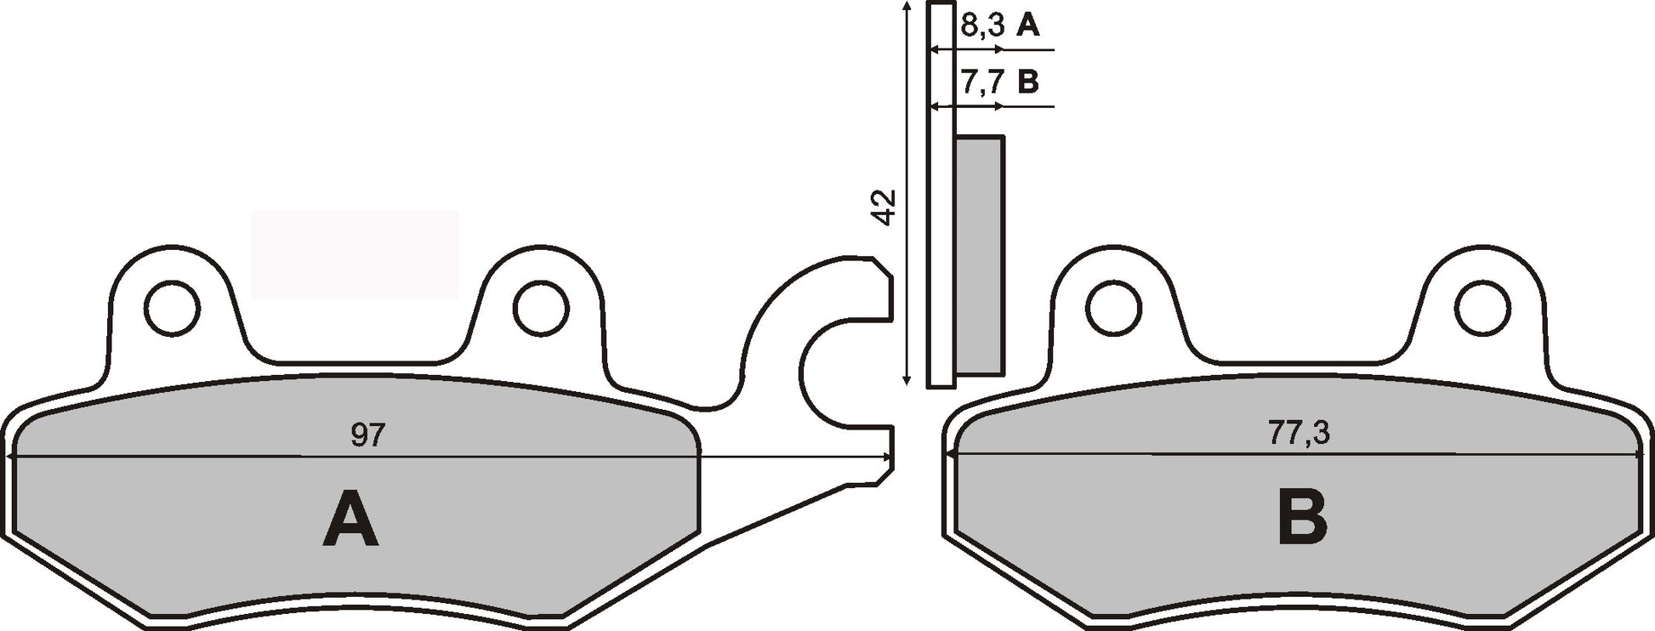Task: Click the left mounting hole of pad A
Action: point(172,307)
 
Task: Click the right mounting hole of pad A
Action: point(541,307)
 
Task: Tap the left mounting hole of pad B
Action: point(1113,308)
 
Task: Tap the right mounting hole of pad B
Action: point(1482,308)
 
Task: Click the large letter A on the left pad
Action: point(350,519)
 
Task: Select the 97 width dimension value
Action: point(367,435)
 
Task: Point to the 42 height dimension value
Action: point(884,207)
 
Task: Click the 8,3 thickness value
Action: point(982,26)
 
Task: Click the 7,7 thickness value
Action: point(982,82)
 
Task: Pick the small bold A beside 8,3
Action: point(1027,26)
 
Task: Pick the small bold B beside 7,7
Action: point(1027,82)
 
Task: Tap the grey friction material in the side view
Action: point(979,255)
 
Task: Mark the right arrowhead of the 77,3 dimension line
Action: point(1636,456)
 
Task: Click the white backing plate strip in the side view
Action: point(941,255)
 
